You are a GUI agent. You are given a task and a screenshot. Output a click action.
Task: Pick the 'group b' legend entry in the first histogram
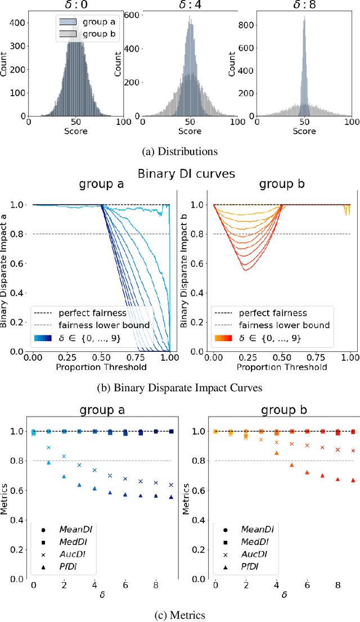pyautogui.click(x=82, y=33)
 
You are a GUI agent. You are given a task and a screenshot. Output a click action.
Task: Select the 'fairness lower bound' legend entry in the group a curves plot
pyautogui.click(x=89, y=325)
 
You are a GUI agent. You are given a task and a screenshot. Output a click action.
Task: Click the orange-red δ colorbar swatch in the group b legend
pyautogui.click(x=222, y=338)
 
